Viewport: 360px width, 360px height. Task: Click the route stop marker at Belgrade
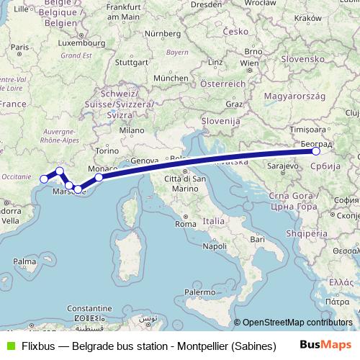(x=316, y=151)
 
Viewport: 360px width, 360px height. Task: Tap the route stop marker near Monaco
(x=99, y=176)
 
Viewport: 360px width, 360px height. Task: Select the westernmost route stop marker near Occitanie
(x=44, y=179)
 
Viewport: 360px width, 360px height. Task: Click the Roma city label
(x=186, y=204)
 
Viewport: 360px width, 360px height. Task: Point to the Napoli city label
(x=215, y=246)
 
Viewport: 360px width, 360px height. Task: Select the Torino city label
(x=105, y=152)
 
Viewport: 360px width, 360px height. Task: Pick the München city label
(x=170, y=78)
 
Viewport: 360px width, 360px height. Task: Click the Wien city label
(x=249, y=63)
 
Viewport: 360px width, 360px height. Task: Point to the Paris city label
(x=19, y=48)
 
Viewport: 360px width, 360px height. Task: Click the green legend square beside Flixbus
(x=9, y=345)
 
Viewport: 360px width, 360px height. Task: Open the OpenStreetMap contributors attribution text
(x=297, y=323)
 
